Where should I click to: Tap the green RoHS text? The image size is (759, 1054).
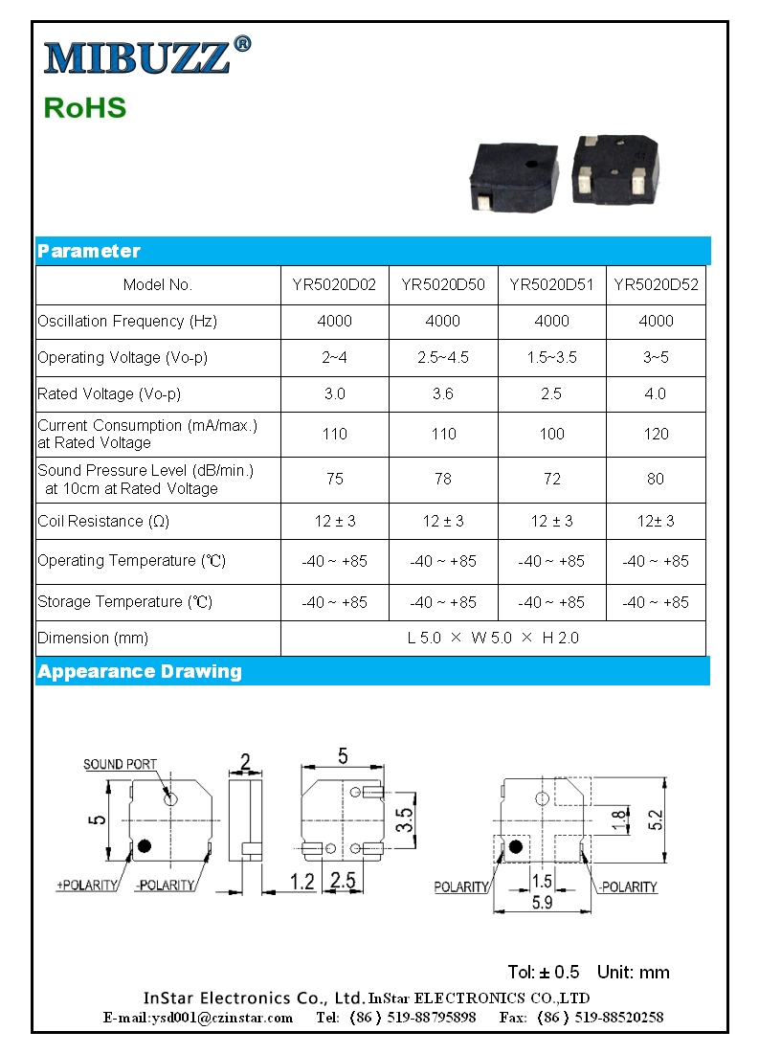pos(84,107)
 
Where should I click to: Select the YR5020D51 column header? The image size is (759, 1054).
pos(551,284)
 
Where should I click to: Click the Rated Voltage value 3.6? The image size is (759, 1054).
pos(442,393)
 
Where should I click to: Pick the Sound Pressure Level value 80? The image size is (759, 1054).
pos(655,479)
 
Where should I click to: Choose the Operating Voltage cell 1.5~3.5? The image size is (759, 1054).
pos(551,357)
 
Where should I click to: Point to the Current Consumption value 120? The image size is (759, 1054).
pos(655,434)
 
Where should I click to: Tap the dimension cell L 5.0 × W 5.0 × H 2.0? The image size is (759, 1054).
pos(492,638)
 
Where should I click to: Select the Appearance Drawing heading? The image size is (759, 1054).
pos(140,671)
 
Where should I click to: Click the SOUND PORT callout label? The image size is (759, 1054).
pos(120,764)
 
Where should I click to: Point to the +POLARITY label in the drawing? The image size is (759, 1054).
pos(87,886)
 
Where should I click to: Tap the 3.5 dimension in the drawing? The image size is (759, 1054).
pos(405,819)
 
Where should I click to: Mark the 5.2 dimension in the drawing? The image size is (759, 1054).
pos(656,820)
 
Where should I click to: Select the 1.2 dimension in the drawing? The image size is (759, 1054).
pos(301,882)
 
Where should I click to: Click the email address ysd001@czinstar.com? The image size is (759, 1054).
pos(198,1018)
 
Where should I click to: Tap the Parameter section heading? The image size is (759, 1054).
pos(88,251)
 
